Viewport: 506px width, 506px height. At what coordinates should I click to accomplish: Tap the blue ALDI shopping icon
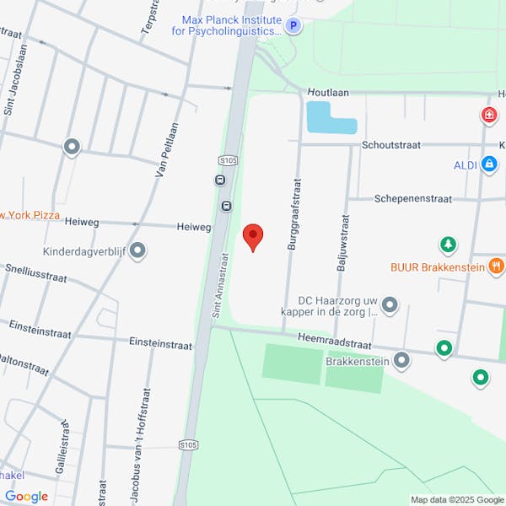488,165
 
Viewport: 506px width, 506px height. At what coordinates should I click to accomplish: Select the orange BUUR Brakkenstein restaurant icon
496,266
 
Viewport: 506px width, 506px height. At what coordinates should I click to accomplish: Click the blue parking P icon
293,26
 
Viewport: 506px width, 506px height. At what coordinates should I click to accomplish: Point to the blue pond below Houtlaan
330,118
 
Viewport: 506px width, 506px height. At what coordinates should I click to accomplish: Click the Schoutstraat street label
390,145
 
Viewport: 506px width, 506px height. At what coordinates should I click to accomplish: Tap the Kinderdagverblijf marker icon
137,250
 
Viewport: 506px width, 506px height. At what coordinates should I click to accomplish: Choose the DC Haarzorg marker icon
390,304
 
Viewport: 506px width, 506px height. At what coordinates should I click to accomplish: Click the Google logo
26,497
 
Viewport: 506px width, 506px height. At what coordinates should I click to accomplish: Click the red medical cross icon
487,115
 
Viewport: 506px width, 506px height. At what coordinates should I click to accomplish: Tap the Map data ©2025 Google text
456,499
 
